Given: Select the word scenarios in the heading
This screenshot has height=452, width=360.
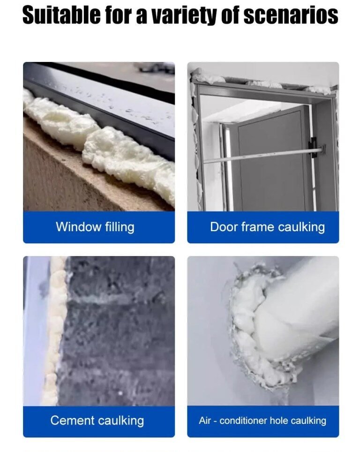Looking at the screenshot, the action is pos(291,15).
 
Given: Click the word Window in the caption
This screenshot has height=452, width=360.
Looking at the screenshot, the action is pos(79,226).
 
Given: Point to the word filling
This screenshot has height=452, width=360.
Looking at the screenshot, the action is pos(120,227).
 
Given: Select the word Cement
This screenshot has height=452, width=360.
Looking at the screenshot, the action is pos(72,420).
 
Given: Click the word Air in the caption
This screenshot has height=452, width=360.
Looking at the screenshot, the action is pos(205,421).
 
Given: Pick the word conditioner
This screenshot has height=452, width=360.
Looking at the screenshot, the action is pos(243,421).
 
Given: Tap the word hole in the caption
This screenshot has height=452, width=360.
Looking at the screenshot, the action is pos(279,421).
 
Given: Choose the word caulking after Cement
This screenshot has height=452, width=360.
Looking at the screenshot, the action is pos(121,421).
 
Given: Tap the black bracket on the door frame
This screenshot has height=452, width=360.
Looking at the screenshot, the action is pos(313,148).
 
